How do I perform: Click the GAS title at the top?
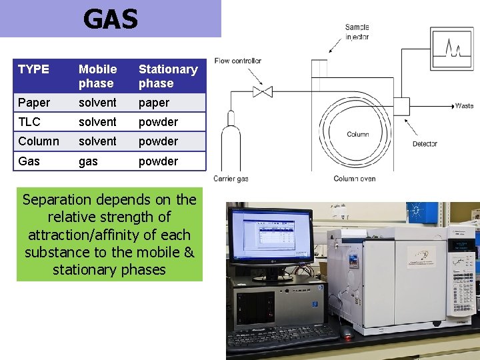click(111, 19)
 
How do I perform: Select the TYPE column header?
click(33, 69)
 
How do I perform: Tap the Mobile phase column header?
click(97, 76)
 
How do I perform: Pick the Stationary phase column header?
click(168, 76)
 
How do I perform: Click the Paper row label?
click(34, 103)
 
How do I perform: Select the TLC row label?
click(29, 122)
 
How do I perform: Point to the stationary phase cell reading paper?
click(154, 103)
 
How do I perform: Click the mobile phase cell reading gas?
click(88, 161)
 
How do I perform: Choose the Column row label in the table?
click(39, 141)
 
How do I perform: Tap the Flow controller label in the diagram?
click(237, 61)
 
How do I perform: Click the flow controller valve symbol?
click(263, 91)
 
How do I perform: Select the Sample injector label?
click(357, 32)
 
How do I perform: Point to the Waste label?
click(464, 106)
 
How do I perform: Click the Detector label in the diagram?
click(425, 144)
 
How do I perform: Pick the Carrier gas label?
click(231, 179)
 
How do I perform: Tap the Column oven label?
click(355, 179)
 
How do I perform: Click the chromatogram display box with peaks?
click(451, 49)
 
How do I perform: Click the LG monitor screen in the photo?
click(270, 235)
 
